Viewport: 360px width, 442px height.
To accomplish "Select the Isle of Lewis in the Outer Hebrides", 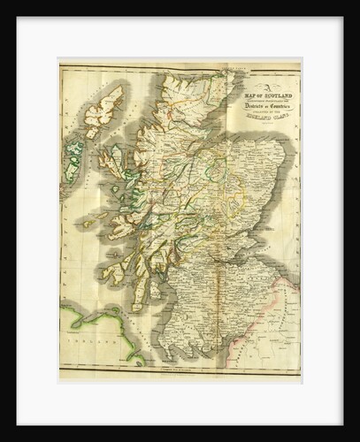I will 110,106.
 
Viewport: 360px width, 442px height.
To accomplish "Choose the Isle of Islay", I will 107,276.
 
